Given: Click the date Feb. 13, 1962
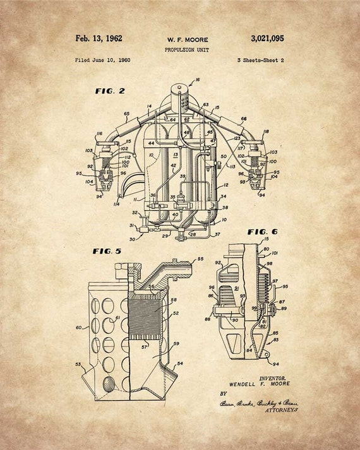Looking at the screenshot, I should coord(99,38).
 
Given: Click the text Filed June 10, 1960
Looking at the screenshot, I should coord(102,60).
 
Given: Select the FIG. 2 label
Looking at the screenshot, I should coord(110,91).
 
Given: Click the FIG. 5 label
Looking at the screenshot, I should coord(107,251).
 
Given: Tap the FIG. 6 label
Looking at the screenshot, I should coord(261,232).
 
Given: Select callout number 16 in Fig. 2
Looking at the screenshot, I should coord(198,80).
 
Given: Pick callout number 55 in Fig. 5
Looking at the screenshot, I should coord(201,259).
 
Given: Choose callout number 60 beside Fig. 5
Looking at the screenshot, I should coord(78,328).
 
